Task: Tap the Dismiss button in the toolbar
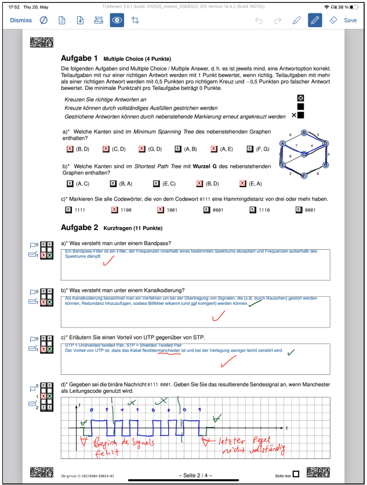click(x=21, y=20)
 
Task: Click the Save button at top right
click(x=350, y=20)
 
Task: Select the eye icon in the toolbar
click(x=117, y=20)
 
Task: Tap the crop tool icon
click(x=136, y=20)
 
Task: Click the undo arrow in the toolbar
click(x=259, y=20)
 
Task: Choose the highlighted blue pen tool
click(x=315, y=20)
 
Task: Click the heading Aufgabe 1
click(x=79, y=59)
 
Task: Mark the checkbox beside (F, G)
click(x=250, y=149)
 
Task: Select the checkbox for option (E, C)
click(x=157, y=184)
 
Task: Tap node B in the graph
click(x=304, y=133)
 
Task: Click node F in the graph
click(x=304, y=175)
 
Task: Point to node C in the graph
click(x=304, y=154)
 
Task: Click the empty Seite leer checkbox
click(x=296, y=474)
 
